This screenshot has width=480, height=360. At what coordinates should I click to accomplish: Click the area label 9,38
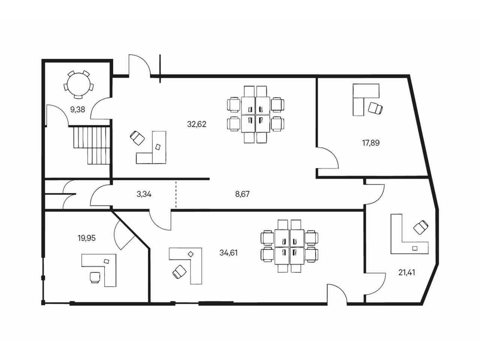pos(77,109)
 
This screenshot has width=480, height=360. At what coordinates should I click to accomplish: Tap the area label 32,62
pos(196,124)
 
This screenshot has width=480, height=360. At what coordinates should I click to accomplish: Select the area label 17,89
pos(370,143)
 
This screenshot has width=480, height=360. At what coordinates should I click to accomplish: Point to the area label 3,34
pos(144,194)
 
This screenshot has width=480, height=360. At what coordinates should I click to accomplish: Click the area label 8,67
pos(242,194)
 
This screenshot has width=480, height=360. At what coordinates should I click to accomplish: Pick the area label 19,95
pos(86,238)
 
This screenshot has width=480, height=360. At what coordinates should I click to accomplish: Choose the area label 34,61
pos(228,253)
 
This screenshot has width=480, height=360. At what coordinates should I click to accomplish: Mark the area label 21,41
pos(406,272)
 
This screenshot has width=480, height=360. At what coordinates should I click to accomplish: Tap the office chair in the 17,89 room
pos(375,108)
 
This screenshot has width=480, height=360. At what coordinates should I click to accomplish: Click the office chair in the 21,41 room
pos(421,227)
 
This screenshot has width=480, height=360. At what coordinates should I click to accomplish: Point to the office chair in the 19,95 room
pos(95,277)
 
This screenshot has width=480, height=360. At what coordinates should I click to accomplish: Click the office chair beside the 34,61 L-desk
pos(179,271)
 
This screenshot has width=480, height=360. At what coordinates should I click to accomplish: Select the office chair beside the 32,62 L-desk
pos(137,138)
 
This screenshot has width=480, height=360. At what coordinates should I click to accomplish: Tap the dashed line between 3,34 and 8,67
pos(176,194)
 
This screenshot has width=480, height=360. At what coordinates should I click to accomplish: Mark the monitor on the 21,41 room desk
pos(414,248)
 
